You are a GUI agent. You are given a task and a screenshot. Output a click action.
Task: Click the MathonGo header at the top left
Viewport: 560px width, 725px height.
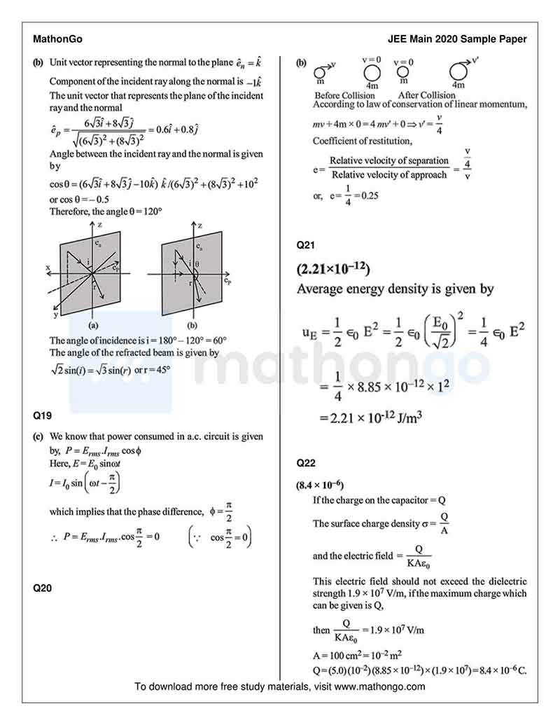[58, 39]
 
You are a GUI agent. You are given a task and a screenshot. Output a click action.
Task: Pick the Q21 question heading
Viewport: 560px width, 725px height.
[307, 244]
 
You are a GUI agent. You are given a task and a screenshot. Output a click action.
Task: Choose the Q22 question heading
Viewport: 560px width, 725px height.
[307, 463]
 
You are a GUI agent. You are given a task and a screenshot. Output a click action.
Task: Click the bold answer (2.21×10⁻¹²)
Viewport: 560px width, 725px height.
[333, 269]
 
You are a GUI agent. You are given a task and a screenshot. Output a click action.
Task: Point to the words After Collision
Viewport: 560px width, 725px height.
[426, 95]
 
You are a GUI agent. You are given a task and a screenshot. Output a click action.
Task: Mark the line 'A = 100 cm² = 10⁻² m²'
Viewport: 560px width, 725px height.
[357, 656]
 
